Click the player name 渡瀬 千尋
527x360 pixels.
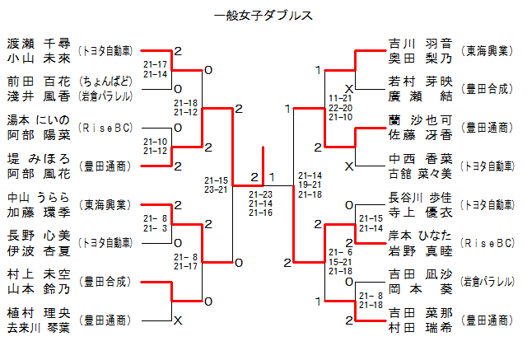point(39,43)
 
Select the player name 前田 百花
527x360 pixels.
point(39,82)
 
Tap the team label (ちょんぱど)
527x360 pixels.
point(105,82)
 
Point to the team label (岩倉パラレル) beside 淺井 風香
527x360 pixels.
point(105,96)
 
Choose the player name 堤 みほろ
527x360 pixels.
point(39,158)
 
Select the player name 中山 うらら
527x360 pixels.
point(39,198)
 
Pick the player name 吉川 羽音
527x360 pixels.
point(420,43)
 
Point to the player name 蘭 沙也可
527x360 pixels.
point(420,120)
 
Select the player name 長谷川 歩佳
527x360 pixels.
point(420,198)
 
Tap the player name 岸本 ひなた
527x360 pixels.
point(420,236)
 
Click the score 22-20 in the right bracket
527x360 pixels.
point(341,107)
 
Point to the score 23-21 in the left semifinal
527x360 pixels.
point(217,189)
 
